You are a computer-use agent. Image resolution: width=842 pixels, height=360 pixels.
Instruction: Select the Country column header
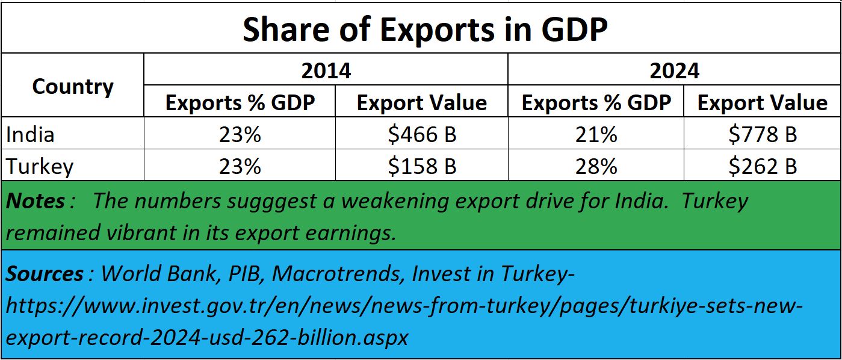(x=72, y=87)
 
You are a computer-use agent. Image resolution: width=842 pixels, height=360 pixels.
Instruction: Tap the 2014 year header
(x=326, y=70)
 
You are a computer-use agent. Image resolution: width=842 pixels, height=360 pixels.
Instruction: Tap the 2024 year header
(x=674, y=70)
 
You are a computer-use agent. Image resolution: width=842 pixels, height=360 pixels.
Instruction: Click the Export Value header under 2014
(x=421, y=103)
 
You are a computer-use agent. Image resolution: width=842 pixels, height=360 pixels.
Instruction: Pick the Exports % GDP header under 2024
(x=596, y=103)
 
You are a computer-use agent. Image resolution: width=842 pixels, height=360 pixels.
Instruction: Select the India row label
(x=30, y=134)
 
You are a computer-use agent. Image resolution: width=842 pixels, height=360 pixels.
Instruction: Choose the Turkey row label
(x=40, y=166)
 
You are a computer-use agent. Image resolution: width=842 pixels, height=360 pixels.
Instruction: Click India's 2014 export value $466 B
(x=422, y=134)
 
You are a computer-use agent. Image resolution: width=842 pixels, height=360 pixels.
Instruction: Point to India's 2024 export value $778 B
(x=763, y=134)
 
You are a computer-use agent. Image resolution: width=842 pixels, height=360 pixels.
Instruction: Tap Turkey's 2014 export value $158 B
(x=422, y=166)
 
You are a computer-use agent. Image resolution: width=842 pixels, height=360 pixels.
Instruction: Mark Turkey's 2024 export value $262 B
(x=763, y=166)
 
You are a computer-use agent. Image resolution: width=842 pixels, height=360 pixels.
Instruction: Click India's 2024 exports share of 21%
(x=596, y=134)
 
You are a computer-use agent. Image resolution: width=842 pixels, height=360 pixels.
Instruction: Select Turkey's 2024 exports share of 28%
(x=596, y=166)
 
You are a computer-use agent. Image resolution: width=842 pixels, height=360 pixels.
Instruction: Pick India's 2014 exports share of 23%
(x=240, y=134)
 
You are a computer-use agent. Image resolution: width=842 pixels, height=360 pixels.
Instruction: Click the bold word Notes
(x=36, y=200)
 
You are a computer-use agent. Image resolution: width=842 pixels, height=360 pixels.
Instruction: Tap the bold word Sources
(x=45, y=274)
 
